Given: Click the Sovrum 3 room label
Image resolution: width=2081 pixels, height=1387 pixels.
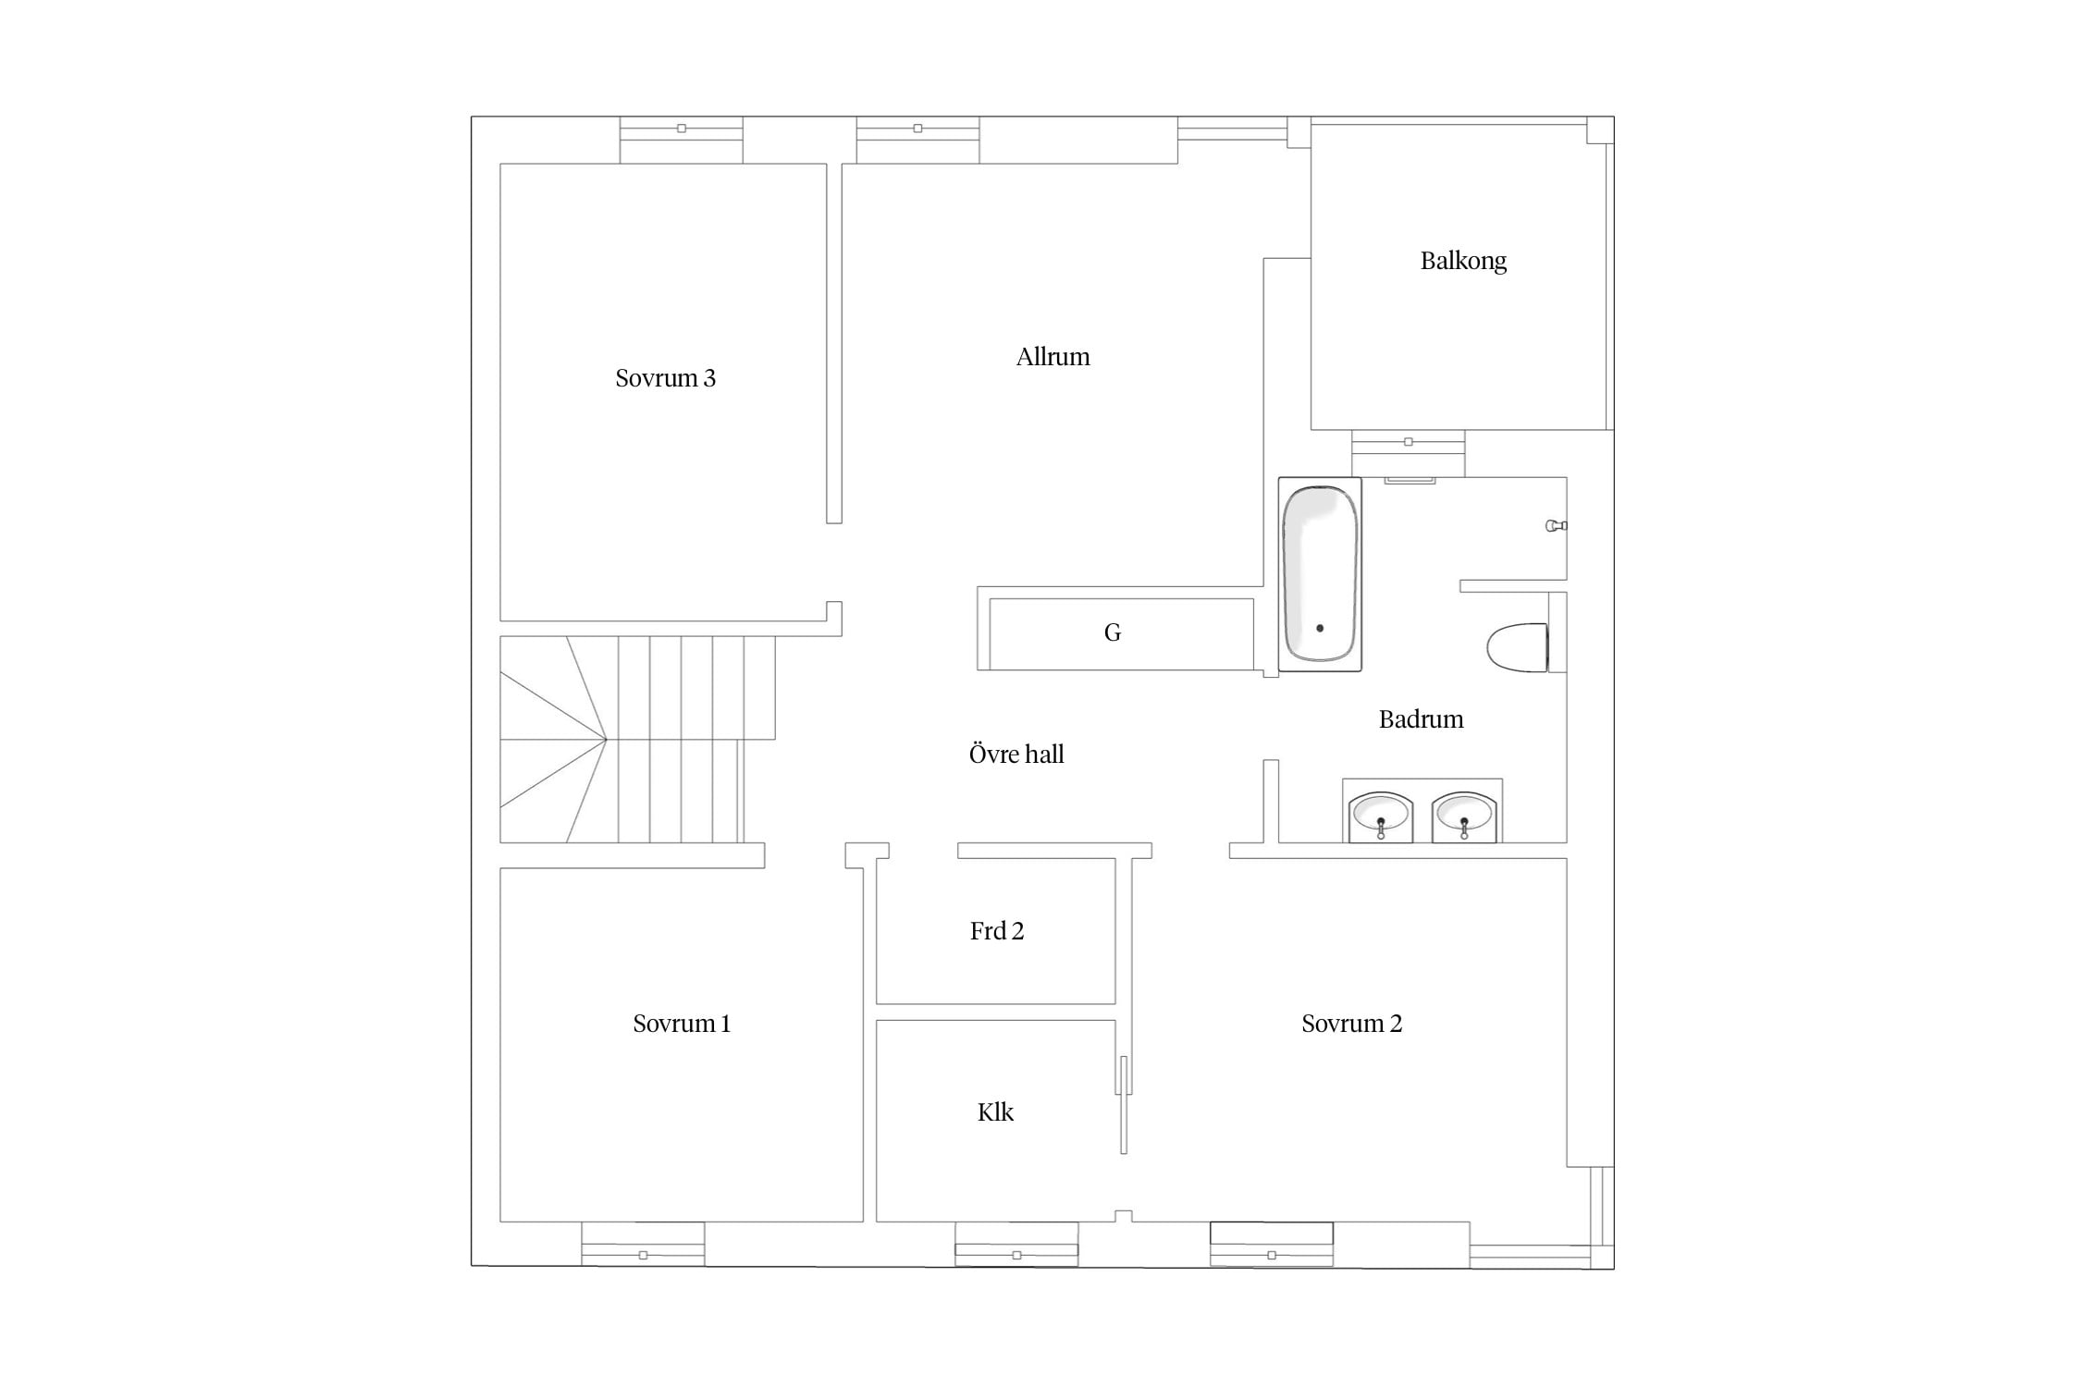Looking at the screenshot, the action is tap(665, 378).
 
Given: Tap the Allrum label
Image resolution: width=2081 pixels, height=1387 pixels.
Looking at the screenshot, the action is tap(1053, 357).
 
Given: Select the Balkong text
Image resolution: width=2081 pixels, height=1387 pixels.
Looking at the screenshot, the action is tap(1463, 262).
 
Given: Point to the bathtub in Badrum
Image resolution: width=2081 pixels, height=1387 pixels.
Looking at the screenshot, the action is tap(1320, 574).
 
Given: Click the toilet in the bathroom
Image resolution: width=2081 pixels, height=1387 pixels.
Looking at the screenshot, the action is tap(1518, 647).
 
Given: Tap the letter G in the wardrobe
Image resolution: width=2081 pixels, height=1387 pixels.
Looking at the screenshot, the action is tap(1113, 632).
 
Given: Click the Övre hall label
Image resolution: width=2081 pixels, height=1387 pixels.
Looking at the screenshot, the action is tap(1016, 754).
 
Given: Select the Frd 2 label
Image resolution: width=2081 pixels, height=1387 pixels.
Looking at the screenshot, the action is tap(997, 931).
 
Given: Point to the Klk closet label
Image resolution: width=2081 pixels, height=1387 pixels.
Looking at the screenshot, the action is tap(995, 1112).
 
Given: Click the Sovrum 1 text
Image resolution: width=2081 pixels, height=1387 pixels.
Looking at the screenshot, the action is tap(682, 1024).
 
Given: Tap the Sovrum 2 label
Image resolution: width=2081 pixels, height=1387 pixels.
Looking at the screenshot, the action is tap(1351, 1024).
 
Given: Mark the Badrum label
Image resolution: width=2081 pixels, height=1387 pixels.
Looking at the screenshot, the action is tap(1421, 719).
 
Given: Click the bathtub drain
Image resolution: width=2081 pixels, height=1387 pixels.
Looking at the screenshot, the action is tap(1320, 629).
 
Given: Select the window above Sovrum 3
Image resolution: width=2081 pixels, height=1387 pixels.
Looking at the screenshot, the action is tap(682, 140).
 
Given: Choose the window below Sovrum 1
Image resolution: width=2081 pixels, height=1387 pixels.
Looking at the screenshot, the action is tap(643, 1244).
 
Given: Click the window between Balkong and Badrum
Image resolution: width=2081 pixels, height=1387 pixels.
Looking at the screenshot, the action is tap(1409, 453).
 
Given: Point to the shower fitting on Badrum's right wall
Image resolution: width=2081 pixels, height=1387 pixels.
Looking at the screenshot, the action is tap(1557, 526).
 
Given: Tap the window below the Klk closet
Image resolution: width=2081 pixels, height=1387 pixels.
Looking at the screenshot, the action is tap(1016, 1244).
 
